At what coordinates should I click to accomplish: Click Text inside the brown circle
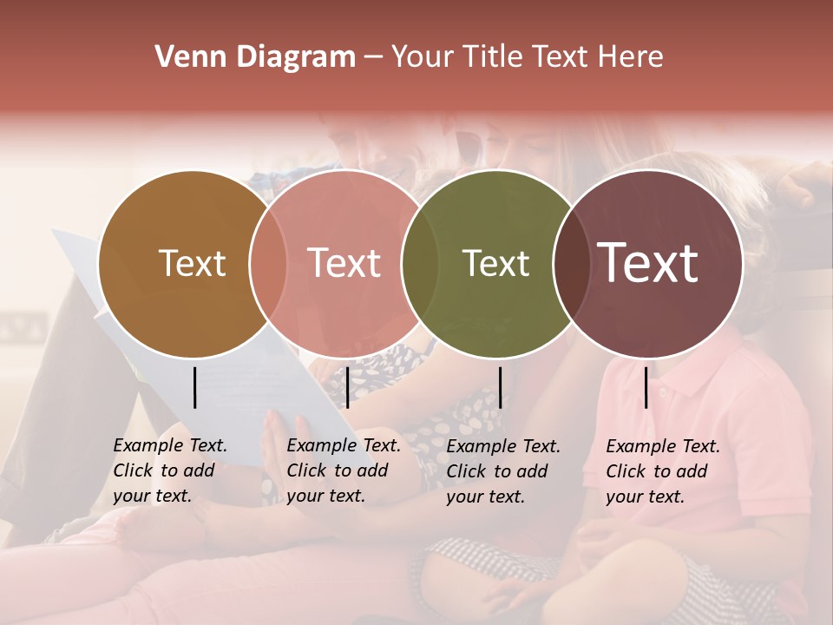click(x=192, y=263)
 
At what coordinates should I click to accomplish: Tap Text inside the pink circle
click(x=344, y=263)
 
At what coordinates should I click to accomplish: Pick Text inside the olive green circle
click(x=495, y=263)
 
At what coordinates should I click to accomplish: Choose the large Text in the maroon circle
click(x=647, y=263)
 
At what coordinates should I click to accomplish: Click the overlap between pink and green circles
click(x=419, y=264)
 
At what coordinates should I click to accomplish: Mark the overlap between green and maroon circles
click(x=570, y=264)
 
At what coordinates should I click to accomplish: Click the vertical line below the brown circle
click(x=194, y=387)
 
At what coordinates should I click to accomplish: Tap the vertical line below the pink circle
click(x=347, y=387)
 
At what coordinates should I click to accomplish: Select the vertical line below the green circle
click(x=500, y=387)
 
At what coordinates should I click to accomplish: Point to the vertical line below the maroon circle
click(x=646, y=387)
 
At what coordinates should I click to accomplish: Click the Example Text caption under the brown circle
click(x=170, y=470)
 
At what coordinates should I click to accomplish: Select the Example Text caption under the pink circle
click(x=344, y=470)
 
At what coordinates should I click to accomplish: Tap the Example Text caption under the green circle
click(x=503, y=470)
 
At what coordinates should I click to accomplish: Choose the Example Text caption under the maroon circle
click(x=663, y=470)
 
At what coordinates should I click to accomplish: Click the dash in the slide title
click(x=373, y=57)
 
